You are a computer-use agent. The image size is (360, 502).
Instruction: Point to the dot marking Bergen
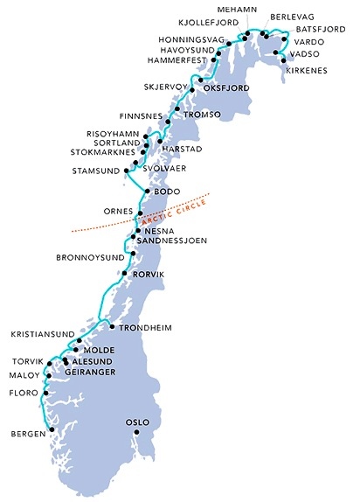tap(52, 429)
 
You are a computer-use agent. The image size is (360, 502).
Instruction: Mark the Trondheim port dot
tap(113, 326)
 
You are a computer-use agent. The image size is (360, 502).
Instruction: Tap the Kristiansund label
tap(39, 334)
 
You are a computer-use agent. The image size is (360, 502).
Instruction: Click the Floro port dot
tap(44, 394)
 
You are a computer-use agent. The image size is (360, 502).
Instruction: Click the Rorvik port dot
tap(124, 275)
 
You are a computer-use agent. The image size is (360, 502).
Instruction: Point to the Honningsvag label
tap(192, 39)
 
